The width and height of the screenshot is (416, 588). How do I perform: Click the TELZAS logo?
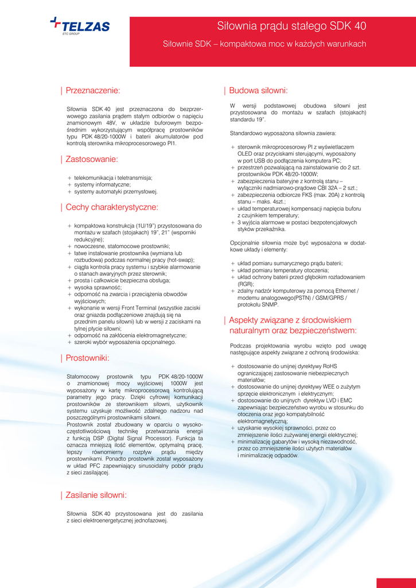click(80, 26)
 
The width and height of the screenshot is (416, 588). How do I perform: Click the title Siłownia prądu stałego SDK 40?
click(291, 26)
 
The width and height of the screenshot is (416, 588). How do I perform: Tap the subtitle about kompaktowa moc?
click(265, 44)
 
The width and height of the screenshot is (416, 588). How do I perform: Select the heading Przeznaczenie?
click(93, 90)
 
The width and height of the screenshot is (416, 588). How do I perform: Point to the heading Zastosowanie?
click(92, 159)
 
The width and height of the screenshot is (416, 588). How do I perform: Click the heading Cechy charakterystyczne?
click(112, 207)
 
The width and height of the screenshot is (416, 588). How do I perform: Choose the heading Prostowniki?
click(87, 358)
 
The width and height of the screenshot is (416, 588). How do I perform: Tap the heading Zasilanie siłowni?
click(96, 495)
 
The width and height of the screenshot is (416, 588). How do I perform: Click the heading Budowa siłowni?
click(258, 90)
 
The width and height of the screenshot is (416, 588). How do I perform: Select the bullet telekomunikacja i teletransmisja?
click(113, 178)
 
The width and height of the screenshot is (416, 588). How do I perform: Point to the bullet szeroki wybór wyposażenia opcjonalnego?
click(125, 342)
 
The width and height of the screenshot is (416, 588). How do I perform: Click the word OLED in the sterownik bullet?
click(247, 154)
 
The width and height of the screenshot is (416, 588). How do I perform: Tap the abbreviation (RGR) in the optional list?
click(246, 284)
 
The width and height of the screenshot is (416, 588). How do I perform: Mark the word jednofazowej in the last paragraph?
click(149, 521)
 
